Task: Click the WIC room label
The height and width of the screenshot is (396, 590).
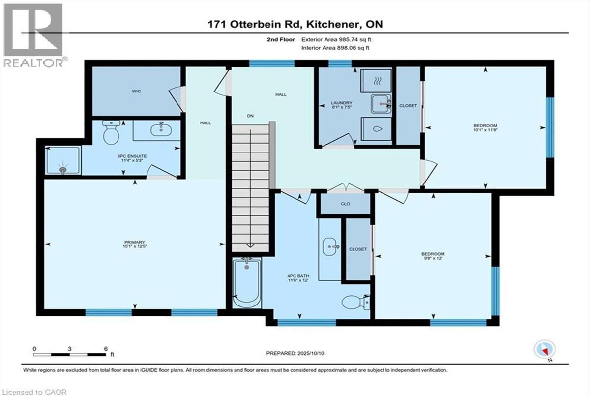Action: [136, 91]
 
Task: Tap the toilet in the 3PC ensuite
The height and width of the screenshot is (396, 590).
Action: [111, 132]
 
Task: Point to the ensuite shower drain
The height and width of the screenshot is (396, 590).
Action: [63, 169]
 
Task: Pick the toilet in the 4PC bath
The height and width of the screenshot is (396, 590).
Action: [356, 302]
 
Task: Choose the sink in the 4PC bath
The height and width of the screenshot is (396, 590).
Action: [330, 246]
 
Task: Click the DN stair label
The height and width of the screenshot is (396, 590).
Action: [250, 116]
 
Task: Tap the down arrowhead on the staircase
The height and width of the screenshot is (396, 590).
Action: [250, 245]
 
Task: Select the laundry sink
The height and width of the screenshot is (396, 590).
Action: [381, 104]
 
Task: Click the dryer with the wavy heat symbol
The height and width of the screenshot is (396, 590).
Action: [376, 81]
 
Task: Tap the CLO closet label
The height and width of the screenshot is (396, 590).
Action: [345, 204]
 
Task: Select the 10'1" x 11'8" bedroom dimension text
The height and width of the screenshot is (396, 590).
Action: [485, 130]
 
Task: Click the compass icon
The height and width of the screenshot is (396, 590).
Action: [545, 349]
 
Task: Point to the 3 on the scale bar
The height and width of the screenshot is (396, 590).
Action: [69, 349]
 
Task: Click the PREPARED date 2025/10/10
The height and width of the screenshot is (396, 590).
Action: [311, 353]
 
